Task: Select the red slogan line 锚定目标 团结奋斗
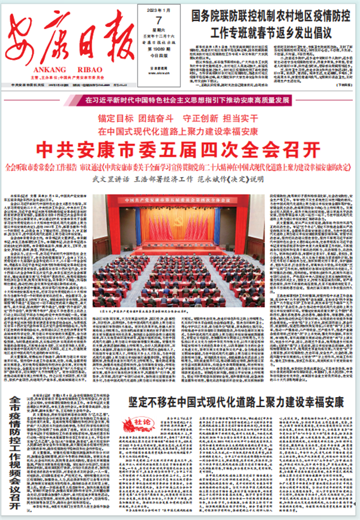click(x=179, y=118)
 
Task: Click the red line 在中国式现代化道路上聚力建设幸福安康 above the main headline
click(x=179, y=131)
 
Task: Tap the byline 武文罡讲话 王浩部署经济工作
click(x=179, y=178)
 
